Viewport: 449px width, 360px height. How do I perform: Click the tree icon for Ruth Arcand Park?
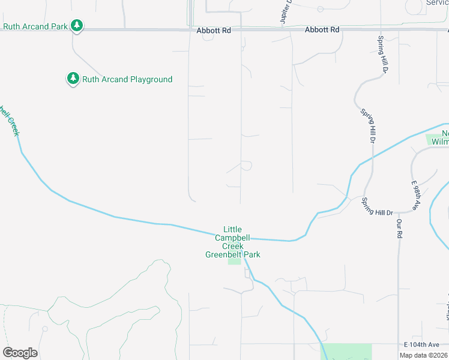(76, 26)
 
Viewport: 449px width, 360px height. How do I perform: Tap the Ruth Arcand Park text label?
(35, 26)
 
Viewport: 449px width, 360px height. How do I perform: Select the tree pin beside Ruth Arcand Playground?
(73, 79)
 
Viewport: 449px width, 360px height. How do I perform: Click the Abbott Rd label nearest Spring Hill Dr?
(322, 29)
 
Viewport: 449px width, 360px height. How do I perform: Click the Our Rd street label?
(399, 229)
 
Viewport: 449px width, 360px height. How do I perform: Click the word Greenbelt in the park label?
(223, 254)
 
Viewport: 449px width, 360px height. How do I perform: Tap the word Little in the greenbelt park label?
(232, 229)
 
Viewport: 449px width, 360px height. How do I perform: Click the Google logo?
(20, 353)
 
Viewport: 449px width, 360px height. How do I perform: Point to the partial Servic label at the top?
(437, 3)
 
